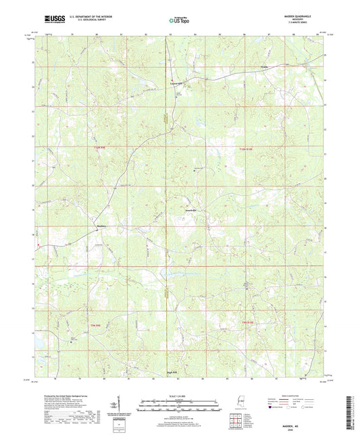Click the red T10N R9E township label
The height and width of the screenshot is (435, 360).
[101, 149]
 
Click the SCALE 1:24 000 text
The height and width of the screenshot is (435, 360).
[180, 396]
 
